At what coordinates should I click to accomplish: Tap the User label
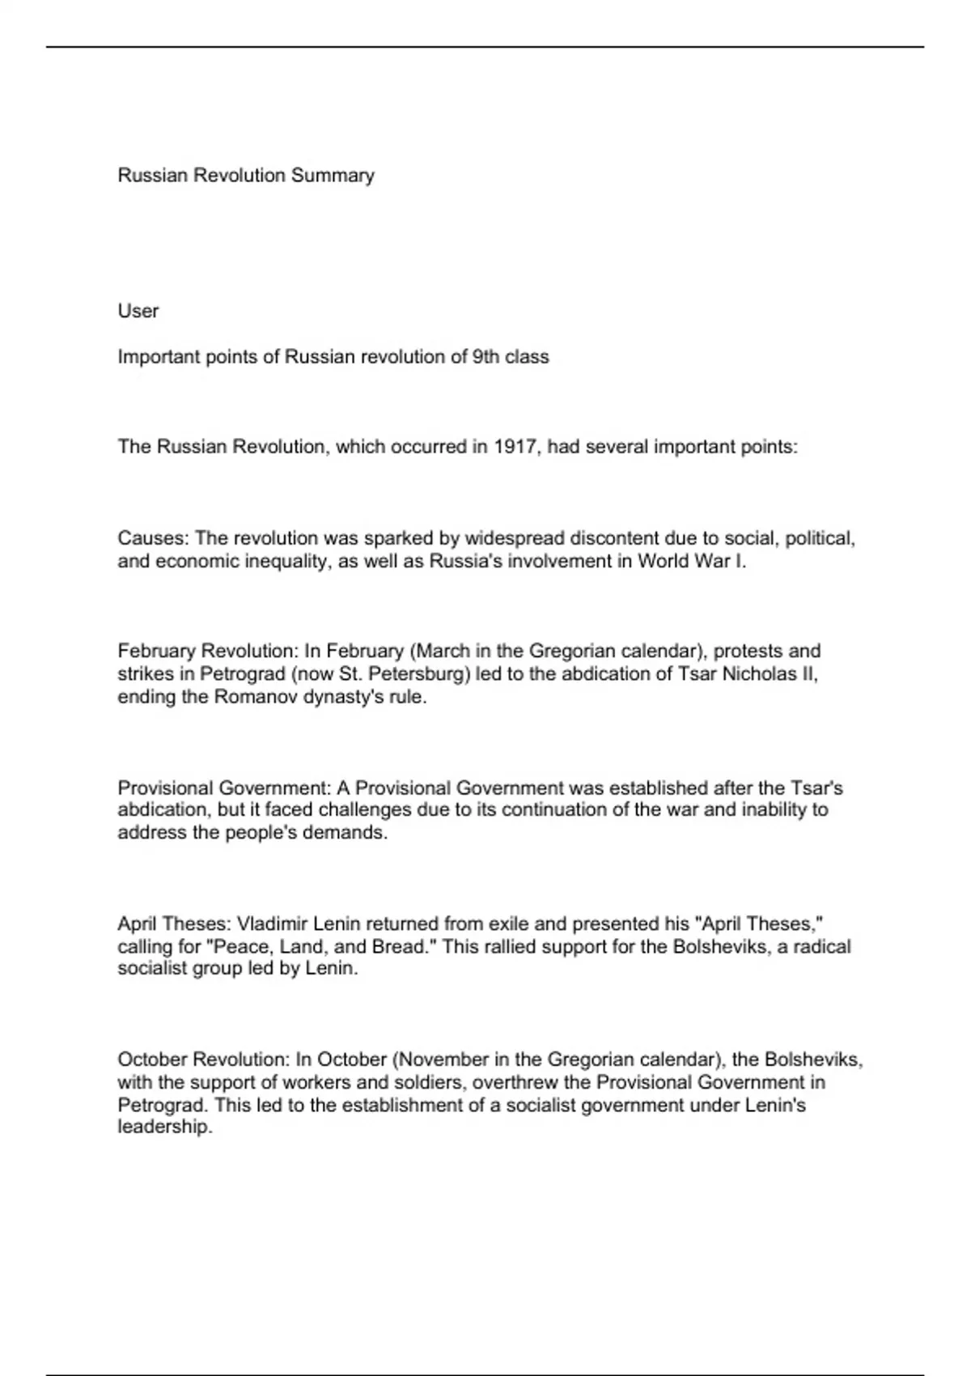138,311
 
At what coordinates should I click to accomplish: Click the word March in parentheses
443,651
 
